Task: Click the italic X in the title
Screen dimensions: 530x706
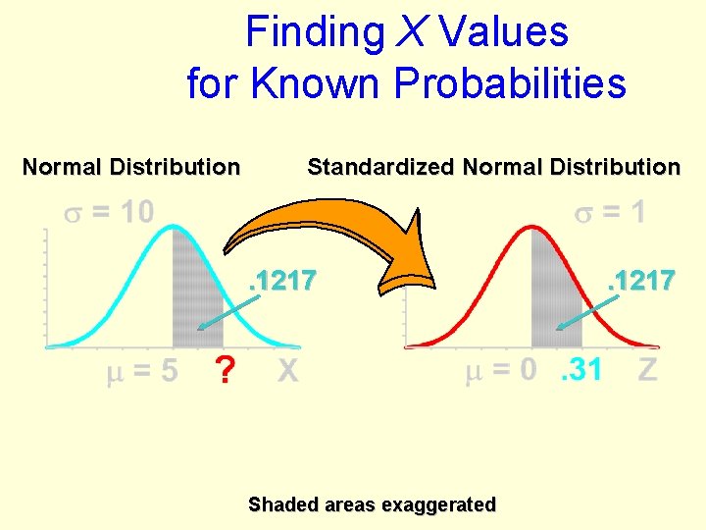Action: [410, 31]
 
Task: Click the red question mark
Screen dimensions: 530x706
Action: [227, 372]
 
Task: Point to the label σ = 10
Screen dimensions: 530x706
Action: [109, 211]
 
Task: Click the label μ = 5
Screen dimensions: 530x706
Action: [142, 371]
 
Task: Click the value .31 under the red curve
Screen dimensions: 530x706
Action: [580, 370]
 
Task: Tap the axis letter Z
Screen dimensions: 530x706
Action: [647, 370]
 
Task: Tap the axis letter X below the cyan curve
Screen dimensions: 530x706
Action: [287, 371]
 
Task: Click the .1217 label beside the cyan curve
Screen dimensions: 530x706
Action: [282, 281]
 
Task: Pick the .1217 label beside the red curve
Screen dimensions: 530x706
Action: [640, 281]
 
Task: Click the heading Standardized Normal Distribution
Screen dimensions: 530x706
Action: [493, 167]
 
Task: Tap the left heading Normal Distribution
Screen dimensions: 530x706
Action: [130, 167]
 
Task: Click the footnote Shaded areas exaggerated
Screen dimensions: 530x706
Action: [372, 504]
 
